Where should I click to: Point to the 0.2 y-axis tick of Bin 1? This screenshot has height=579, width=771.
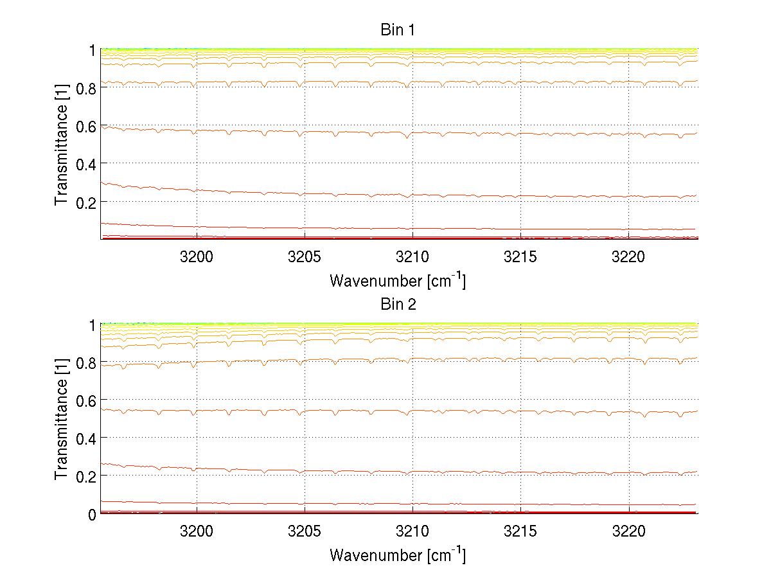coord(86,202)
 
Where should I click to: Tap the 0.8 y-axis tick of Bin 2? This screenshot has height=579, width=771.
coord(86,363)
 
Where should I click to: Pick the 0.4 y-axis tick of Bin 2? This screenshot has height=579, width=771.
coord(86,438)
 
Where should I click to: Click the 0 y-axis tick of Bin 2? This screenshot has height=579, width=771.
coord(93,514)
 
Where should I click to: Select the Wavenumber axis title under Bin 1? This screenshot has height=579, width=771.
coord(398,280)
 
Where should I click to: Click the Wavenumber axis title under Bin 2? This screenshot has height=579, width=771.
coord(398,555)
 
